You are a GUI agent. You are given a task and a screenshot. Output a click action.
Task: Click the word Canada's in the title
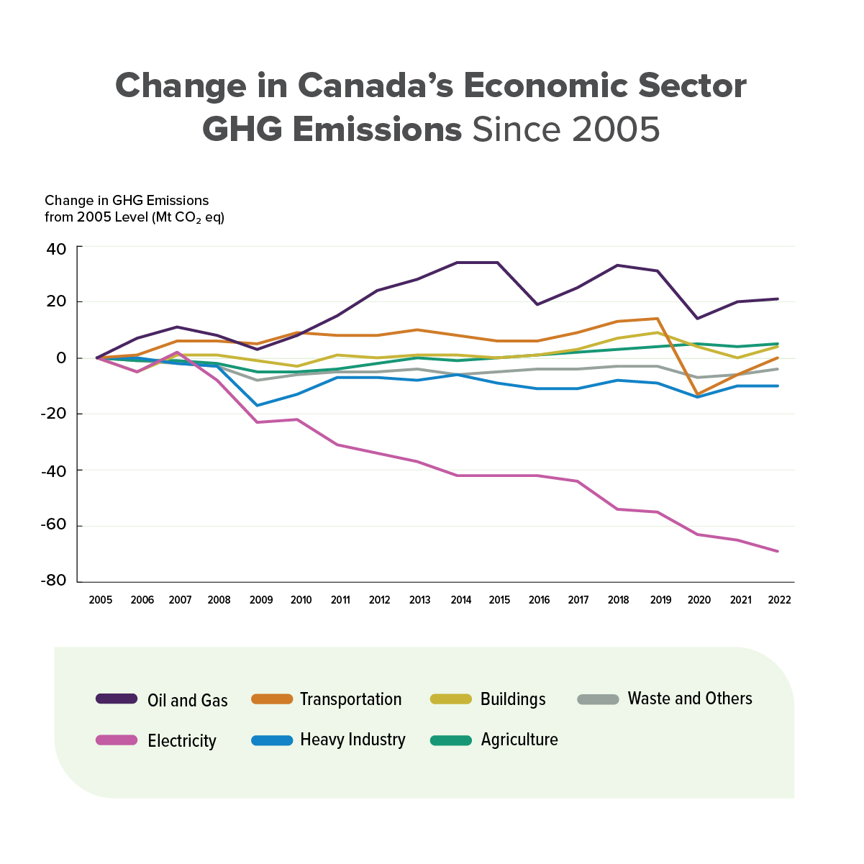click(375, 86)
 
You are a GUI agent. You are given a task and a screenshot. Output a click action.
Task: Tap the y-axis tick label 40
click(57, 248)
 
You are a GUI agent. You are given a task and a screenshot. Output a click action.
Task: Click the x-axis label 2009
click(261, 600)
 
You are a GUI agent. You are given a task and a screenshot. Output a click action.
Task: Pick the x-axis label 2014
click(460, 600)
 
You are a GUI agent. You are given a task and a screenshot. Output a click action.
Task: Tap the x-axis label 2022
click(779, 600)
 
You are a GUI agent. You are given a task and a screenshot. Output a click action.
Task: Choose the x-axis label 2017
click(578, 600)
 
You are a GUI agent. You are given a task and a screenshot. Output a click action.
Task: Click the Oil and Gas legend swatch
click(117, 699)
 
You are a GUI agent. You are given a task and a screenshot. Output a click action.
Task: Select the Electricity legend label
click(182, 741)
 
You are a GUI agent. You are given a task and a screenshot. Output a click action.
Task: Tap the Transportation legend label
click(350, 699)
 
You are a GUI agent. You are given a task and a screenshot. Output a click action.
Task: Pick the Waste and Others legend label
click(690, 699)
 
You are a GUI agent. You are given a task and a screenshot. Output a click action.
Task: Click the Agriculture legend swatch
click(451, 740)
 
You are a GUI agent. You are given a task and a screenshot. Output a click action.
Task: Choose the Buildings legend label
click(513, 699)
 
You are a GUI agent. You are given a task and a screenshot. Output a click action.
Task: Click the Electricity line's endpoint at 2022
click(778, 551)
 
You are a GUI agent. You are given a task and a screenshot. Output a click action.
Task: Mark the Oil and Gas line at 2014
click(458, 263)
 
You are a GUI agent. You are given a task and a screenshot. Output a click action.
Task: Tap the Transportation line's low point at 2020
click(697, 394)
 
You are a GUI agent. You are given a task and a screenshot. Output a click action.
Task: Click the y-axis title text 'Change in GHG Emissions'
click(127, 201)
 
